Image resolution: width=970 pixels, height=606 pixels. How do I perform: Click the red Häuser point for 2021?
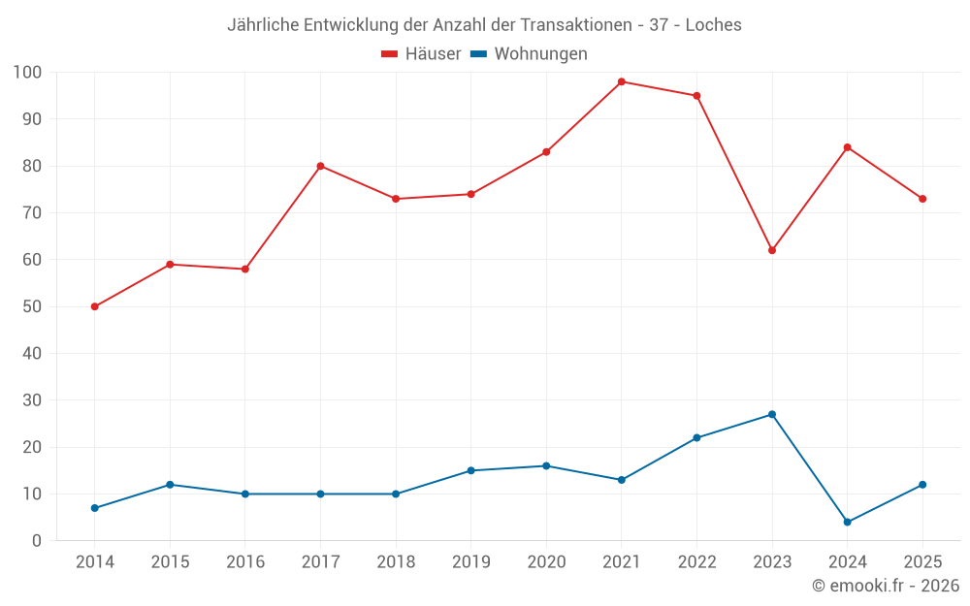click(x=622, y=81)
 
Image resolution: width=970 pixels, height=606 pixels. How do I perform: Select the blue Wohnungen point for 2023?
click(x=772, y=414)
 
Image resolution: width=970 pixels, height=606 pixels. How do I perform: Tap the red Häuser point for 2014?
click(x=95, y=306)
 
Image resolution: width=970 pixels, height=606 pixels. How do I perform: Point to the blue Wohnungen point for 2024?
click(x=848, y=522)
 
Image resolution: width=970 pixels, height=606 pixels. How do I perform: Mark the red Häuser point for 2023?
click(x=772, y=250)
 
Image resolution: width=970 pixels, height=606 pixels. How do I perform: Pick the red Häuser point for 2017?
click(x=320, y=166)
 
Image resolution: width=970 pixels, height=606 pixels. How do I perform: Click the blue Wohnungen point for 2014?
click(x=95, y=508)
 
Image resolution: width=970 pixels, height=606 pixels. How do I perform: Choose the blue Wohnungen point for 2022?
click(x=697, y=438)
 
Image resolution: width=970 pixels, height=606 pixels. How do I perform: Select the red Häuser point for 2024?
click(x=848, y=147)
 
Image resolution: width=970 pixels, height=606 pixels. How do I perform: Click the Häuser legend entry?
click(x=421, y=53)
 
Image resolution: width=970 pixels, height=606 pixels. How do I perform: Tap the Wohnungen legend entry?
click(x=529, y=53)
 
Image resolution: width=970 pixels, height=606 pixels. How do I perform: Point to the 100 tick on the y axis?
click(x=27, y=73)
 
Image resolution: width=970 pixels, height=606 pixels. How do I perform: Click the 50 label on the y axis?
click(x=32, y=306)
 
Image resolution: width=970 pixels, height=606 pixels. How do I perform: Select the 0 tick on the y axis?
click(x=37, y=540)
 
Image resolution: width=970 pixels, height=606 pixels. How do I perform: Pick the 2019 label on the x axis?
click(x=470, y=561)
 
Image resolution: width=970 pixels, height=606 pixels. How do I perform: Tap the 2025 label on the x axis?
click(x=922, y=561)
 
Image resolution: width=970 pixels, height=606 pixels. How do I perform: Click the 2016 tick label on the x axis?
click(x=245, y=561)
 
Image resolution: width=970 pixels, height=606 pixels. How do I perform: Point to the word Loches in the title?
click(x=713, y=25)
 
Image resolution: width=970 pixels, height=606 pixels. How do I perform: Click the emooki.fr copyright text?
click(x=886, y=585)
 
